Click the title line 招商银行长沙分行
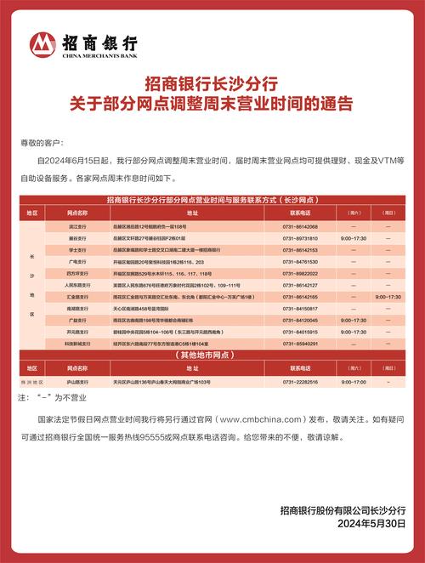tap(212, 84)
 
